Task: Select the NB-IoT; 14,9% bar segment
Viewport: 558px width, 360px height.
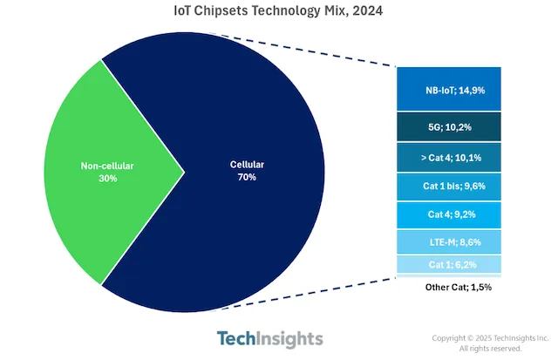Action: (x=448, y=88)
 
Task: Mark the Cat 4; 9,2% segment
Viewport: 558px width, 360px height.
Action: (x=448, y=214)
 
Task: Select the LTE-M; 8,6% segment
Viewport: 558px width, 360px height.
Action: (x=448, y=241)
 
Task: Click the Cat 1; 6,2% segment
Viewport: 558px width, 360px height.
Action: (x=448, y=264)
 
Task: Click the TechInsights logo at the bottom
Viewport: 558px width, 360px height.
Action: (x=269, y=338)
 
